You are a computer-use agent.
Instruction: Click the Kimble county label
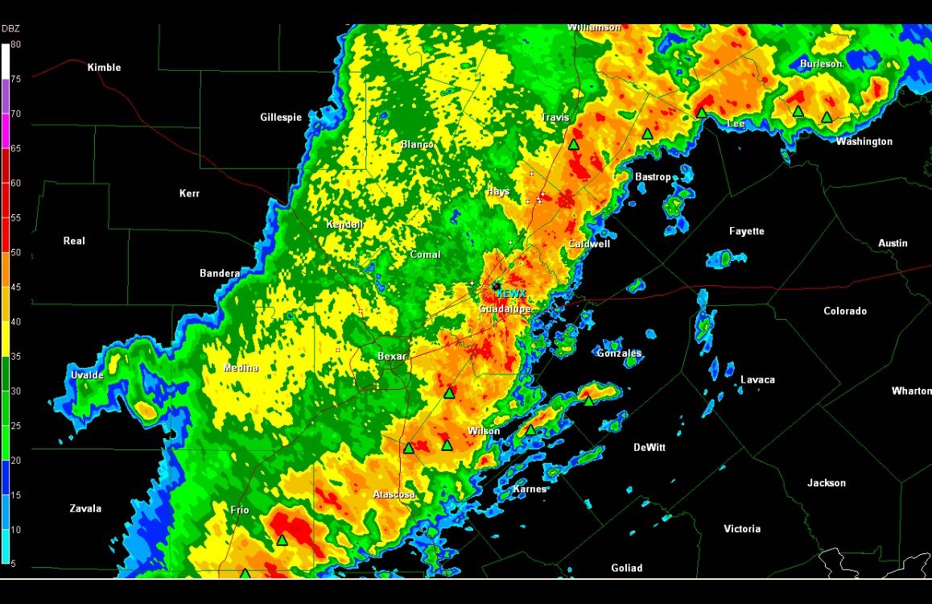[x=104, y=68]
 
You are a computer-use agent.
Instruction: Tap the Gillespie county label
[x=281, y=118]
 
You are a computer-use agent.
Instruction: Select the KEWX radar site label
[x=511, y=295]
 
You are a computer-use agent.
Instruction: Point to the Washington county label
[x=864, y=142]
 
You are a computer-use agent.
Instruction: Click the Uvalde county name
[x=87, y=375]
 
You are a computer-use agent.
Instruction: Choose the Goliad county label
[x=627, y=569]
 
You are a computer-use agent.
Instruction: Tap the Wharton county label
[x=911, y=391]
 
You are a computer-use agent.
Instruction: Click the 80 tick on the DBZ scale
[x=16, y=45]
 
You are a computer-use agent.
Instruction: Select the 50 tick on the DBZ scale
[x=16, y=253]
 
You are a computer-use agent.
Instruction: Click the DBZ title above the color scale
[x=11, y=30]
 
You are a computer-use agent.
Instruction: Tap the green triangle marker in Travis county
[x=574, y=145]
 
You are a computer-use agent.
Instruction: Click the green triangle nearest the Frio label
[x=282, y=540]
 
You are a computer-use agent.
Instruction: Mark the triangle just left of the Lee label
[x=702, y=113]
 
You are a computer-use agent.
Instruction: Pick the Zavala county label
[x=85, y=509]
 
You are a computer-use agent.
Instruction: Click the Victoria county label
[x=742, y=529]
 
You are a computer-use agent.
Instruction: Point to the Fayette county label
[x=747, y=232]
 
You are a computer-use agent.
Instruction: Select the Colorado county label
[x=845, y=312]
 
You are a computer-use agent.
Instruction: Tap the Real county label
[x=74, y=241]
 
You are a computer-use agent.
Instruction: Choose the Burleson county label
[x=821, y=64]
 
